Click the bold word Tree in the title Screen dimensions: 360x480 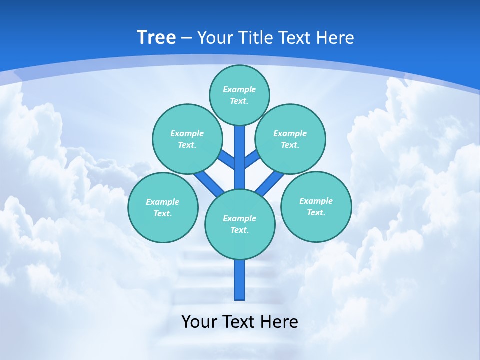(156, 37)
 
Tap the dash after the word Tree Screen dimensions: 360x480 (186, 38)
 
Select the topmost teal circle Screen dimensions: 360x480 (239, 95)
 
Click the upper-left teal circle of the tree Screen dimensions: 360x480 (187, 139)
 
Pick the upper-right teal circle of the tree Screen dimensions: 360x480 (290, 139)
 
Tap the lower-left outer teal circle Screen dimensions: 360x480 (163, 207)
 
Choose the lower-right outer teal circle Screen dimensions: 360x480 (316, 207)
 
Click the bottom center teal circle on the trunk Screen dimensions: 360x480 (240, 224)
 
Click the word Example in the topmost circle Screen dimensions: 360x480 (239, 89)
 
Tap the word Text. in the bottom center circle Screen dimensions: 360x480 (239, 230)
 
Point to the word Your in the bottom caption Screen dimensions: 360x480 (199, 321)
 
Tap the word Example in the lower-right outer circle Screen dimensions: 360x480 (316, 201)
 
